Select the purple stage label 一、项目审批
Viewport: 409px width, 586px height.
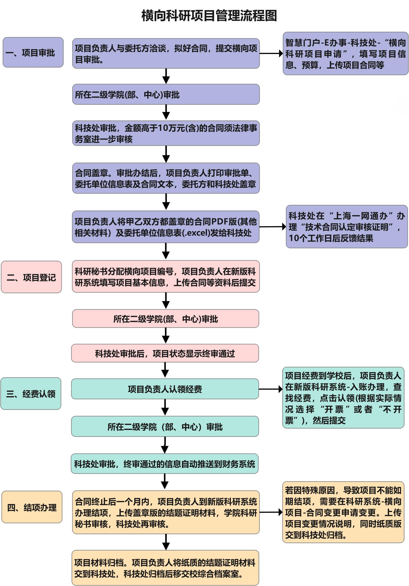pyautogui.click(x=33, y=52)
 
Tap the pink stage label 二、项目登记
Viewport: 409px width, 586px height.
pyautogui.click(x=31, y=277)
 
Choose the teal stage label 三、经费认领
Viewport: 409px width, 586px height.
pyautogui.click(x=31, y=393)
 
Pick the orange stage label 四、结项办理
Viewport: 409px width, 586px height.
pyautogui.click(x=32, y=507)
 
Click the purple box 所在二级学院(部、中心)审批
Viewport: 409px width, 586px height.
pyautogui.click(x=166, y=94)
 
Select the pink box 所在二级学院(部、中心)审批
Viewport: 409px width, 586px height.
pyautogui.click(x=166, y=319)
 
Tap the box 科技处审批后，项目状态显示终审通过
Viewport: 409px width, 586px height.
pyautogui.click(x=165, y=353)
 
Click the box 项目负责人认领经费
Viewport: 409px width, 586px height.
pyautogui.click(x=165, y=389)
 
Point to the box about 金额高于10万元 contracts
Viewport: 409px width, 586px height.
pyautogui.click(x=166, y=133)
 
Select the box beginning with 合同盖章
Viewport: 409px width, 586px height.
pyautogui.click(x=166, y=178)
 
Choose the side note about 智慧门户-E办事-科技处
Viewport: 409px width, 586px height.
pyautogui.click(x=346, y=53)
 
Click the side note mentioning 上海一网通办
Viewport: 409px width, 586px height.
pyautogui.click(x=347, y=227)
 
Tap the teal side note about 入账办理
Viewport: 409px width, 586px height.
pyautogui.click(x=343, y=398)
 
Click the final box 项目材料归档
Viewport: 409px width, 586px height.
pyautogui.click(x=165, y=568)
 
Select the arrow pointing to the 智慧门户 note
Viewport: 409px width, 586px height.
pyautogui.click(x=271, y=53)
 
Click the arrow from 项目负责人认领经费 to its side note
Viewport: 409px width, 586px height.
pyautogui.click(x=271, y=389)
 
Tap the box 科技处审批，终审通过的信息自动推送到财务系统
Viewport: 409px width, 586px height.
pyautogui.click(x=165, y=464)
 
